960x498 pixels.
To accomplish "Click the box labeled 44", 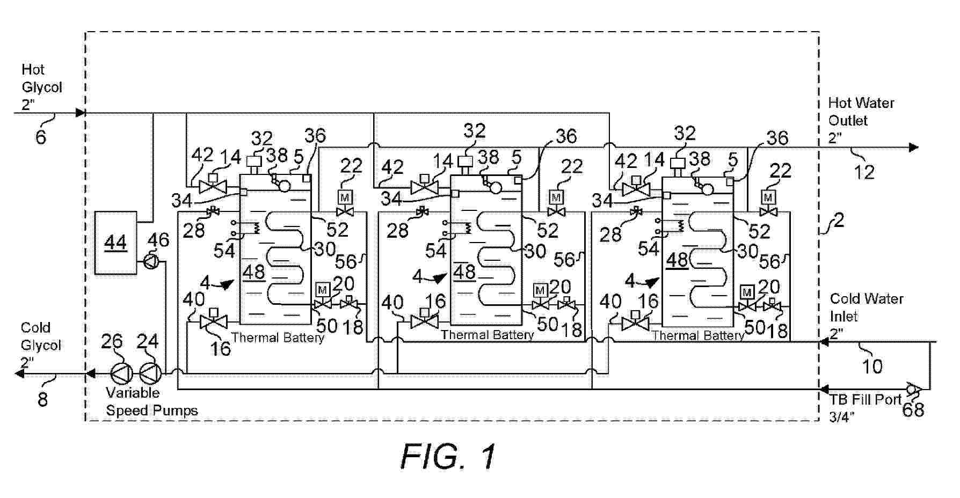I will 115,243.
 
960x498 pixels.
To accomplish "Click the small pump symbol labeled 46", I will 151,262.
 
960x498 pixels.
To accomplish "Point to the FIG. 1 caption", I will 448,457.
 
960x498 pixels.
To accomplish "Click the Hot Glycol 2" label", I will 41,87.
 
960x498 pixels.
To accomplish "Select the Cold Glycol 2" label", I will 41,345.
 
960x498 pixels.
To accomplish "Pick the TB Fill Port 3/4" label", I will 864,407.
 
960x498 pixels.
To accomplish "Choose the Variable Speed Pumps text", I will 151,401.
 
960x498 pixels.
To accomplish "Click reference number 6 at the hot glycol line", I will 41,137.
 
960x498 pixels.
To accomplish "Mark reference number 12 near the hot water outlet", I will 864,172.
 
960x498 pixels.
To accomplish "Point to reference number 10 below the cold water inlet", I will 871,367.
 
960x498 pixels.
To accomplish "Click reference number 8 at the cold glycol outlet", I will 42,399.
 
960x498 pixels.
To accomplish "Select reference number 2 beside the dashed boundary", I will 838,220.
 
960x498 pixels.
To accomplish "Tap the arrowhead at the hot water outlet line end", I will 913,147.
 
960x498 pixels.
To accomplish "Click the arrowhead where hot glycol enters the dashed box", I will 81,113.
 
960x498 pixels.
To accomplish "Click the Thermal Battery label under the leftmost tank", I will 278,338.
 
